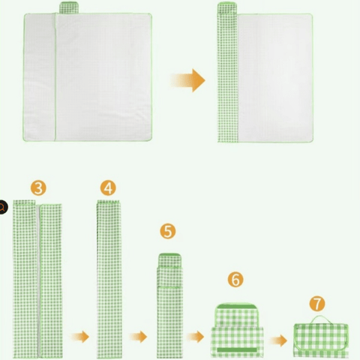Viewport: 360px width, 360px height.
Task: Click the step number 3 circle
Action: click(38, 187)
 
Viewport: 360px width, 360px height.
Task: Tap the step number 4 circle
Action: click(108, 187)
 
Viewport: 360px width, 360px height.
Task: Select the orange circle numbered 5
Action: click(168, 231)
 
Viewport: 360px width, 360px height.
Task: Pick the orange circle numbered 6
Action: click(235, 279)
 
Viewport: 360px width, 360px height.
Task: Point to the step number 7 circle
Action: click(317, 304)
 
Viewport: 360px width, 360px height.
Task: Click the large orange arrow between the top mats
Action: click(188, 80)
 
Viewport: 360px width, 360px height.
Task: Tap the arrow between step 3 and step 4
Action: click(80, 337)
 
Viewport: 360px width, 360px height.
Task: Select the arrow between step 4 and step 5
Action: click(139, 337)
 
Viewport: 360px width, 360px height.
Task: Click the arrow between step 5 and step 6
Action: click(195, 337)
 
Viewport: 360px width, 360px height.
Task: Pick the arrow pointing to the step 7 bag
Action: click(278, 340)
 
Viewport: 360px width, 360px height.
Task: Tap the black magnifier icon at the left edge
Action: click(3, 207)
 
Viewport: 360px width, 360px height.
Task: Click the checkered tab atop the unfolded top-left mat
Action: click(69, 7)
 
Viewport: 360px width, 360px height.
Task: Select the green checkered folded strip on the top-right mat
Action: click(227, 73)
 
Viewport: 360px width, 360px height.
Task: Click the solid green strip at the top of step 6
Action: click(237, 306)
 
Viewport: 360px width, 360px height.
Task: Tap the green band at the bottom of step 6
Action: click(237, 349)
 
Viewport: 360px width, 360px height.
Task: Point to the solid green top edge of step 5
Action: click(169, 255)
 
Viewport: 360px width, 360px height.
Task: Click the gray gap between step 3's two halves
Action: click(39, 281)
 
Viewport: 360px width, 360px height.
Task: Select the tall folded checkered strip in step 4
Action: click(109, 279)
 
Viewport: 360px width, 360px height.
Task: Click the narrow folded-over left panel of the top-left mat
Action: click(40, 77)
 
